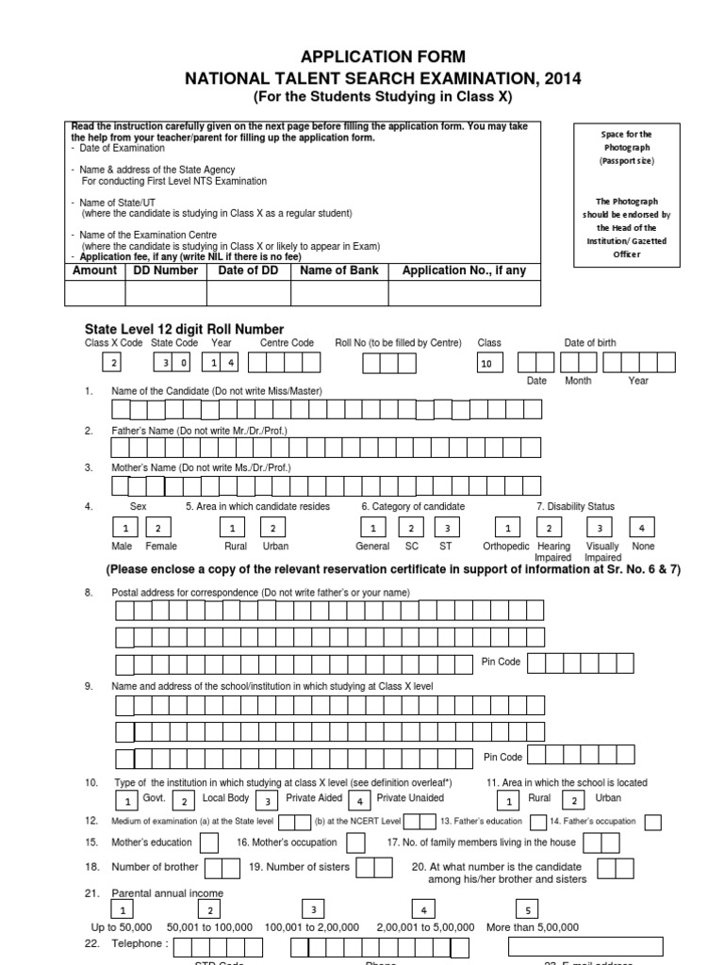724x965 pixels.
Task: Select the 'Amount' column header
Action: [95, 270]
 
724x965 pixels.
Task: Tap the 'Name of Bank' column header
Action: [339, 270]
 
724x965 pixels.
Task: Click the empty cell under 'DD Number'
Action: [166, 294]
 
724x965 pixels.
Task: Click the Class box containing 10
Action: [491, 364]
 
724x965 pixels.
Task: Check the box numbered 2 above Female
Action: [158, 529]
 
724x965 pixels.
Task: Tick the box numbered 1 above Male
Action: [123, 529]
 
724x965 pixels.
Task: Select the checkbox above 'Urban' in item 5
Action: [272, 529]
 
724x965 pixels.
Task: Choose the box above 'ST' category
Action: [447, 529]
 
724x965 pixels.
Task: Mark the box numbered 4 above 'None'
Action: [642, 529]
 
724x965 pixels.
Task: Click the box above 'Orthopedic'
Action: [508, 529]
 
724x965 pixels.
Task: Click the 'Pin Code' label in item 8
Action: [501, 662]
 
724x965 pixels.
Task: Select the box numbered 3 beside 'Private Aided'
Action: [269, 801]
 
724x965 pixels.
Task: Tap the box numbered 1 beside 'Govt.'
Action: [125, 801]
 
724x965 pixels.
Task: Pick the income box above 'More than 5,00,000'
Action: [528, 909]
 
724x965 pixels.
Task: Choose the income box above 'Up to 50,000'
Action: [122, 909]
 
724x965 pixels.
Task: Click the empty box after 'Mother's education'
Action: [209, 842]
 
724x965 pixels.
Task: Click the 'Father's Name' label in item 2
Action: [199, 431]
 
